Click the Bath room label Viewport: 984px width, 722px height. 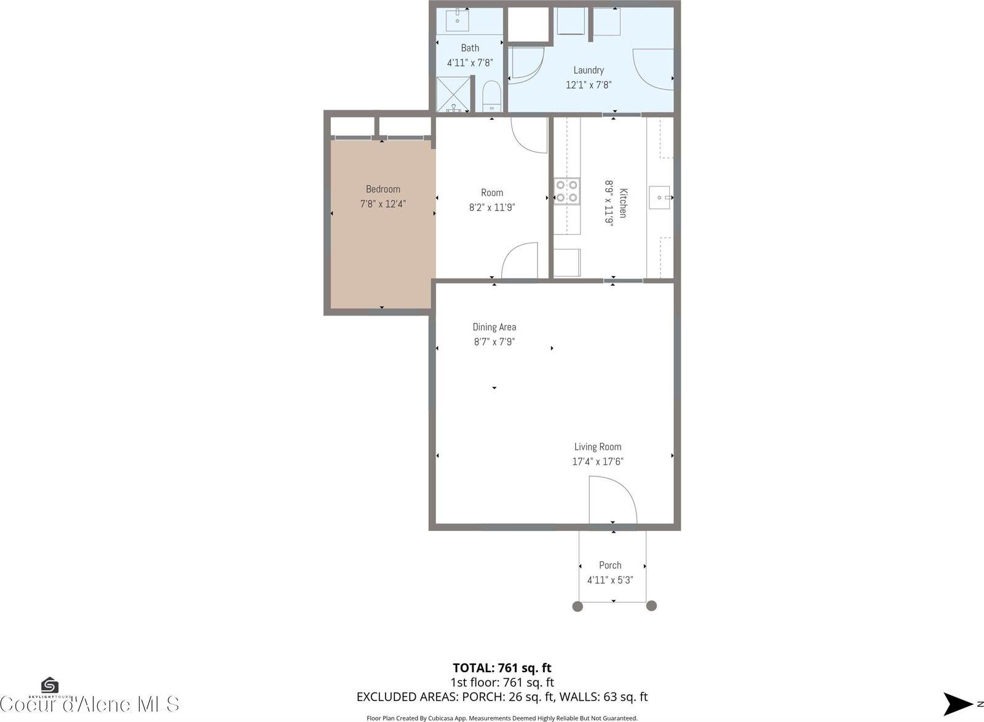coord(470,48)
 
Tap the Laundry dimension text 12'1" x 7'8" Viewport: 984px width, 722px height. coord(589,85)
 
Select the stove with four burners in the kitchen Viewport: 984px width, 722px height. coord(566,190)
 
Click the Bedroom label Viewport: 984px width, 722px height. coord(383,189)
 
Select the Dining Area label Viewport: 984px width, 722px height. coord(494,327)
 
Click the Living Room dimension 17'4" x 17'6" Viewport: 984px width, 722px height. coord(598,461)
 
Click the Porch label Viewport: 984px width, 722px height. coord(610,565)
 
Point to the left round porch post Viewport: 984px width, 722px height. coord(577,606)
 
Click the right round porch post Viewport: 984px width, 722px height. coord(652,606)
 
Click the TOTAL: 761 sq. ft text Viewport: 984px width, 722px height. coord(502,668)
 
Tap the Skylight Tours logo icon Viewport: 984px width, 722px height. coord(49,684)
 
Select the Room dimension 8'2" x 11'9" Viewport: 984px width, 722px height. coord(491,207)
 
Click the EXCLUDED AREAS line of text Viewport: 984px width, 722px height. coord(502,697)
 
